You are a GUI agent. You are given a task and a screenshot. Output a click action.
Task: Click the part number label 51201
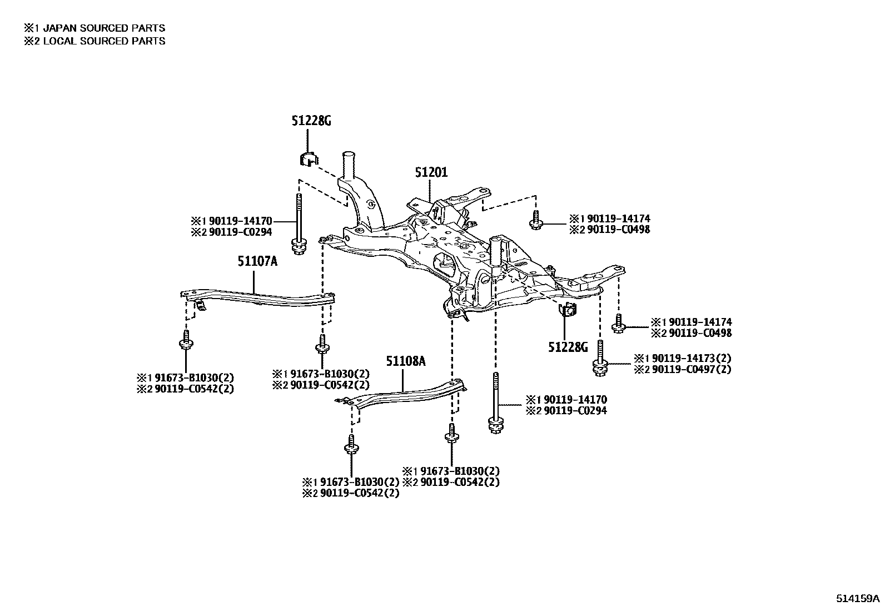point(431,173)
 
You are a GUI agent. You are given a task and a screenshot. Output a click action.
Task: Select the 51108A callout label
point(406,362)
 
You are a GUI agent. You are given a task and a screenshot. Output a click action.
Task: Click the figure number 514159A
point(858,599)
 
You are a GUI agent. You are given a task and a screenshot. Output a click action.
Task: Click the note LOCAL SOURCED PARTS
point(103,41)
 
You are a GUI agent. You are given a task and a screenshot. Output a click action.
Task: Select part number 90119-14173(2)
point(691,359)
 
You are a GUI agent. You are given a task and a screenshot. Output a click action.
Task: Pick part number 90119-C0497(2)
point(691,369)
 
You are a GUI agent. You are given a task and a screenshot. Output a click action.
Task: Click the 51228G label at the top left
point(311,121)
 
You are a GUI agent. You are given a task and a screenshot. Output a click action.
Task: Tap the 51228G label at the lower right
point(568,347)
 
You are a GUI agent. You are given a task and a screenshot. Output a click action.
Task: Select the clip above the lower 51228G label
point(568,311)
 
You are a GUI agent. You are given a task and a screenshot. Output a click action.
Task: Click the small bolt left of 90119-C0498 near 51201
point(535,220)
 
